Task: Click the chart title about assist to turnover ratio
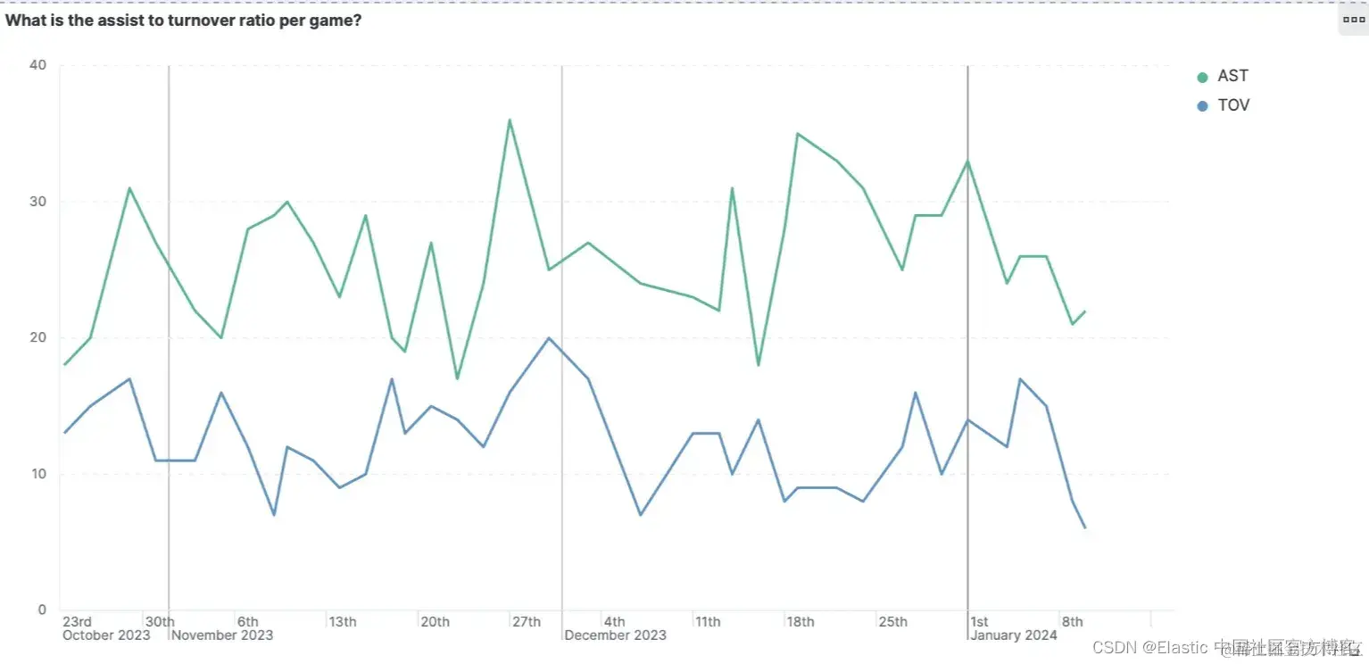coord(183,21)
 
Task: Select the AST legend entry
coord(1232,77)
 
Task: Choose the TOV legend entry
coord(1233,105)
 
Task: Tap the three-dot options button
coord(1353,19)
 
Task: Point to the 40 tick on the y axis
coord(37,65)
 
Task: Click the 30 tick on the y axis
coord(37,202)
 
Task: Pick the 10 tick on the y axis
coord(37,474)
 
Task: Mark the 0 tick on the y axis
coord(41,610)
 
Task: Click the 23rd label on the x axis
coord(77,622)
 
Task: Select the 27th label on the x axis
coord(527,622)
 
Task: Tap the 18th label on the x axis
coord(801,622)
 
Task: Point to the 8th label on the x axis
coord(1072,622)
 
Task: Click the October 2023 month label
coord(106,635)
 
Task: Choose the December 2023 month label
coord(616,635)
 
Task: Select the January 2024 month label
coord(1015,635)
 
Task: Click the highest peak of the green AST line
coord(509,120)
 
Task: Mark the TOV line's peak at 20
coord(548,337)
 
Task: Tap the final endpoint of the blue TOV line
coord(1085,528)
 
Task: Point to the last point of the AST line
coord(1085,311)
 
